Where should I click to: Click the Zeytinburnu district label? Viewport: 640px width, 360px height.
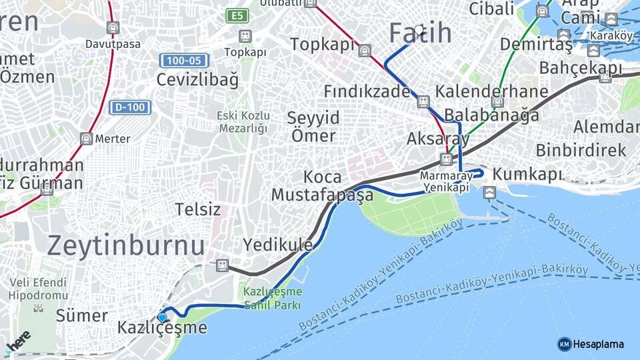click(126, 245)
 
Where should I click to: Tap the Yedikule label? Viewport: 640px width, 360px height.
click(277, 245)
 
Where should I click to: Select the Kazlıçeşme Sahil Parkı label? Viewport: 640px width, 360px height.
click(272, 299)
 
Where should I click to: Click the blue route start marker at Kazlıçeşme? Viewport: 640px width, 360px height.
click(162, 318)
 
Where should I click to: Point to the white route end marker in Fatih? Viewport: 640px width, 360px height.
click(419, 30)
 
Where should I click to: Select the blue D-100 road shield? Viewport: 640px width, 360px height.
click(131, 107)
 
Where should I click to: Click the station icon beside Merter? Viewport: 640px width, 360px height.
click(86, 139)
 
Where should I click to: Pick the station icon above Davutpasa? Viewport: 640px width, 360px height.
click(113, 28)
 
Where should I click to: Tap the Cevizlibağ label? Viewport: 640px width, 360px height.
click(197, 80)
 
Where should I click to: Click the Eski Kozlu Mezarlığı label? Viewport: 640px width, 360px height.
click(242, 122)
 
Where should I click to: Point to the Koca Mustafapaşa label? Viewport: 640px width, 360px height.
click(322, 186)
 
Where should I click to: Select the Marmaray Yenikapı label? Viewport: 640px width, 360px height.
click(446, 181)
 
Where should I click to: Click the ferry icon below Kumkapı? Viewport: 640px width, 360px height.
click(490, 193)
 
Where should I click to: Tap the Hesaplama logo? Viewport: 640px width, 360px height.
click(591, 344)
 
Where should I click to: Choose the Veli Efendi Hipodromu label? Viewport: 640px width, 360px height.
click(38, 288)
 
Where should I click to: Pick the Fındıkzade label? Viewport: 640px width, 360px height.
click(367, 91)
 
